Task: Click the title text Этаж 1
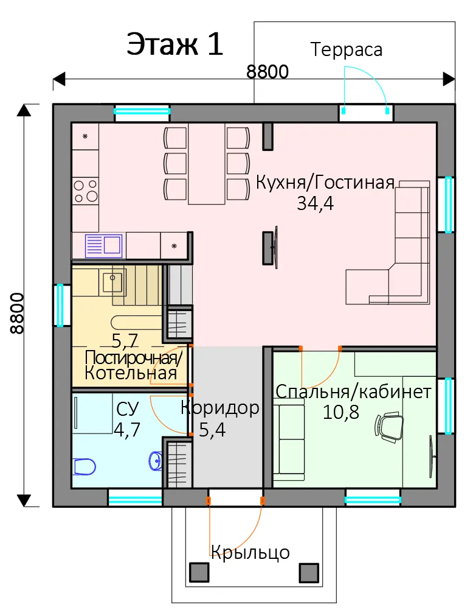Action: click(175, 44)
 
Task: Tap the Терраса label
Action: click(347, 50)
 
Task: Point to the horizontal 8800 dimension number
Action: click(268, 72)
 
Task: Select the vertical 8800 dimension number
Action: click(17, 314)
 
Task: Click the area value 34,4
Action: click(315, 203)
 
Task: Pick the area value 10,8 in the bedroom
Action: click(341, 412)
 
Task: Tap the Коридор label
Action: click(220, 408)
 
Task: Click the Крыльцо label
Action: click(250, 552)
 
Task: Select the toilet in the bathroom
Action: click(85, 467)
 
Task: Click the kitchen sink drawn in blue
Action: click(103, 246)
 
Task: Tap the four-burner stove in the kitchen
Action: click(86, 191)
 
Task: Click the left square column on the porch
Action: click(199, 572)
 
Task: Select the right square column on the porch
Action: click(309, 572)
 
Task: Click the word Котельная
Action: click(131, 373)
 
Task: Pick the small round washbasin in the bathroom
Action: click(156, 461)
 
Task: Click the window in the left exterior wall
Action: click(60, 306)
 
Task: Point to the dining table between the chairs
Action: click(207, 163)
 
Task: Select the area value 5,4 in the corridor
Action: click(212, 430)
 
